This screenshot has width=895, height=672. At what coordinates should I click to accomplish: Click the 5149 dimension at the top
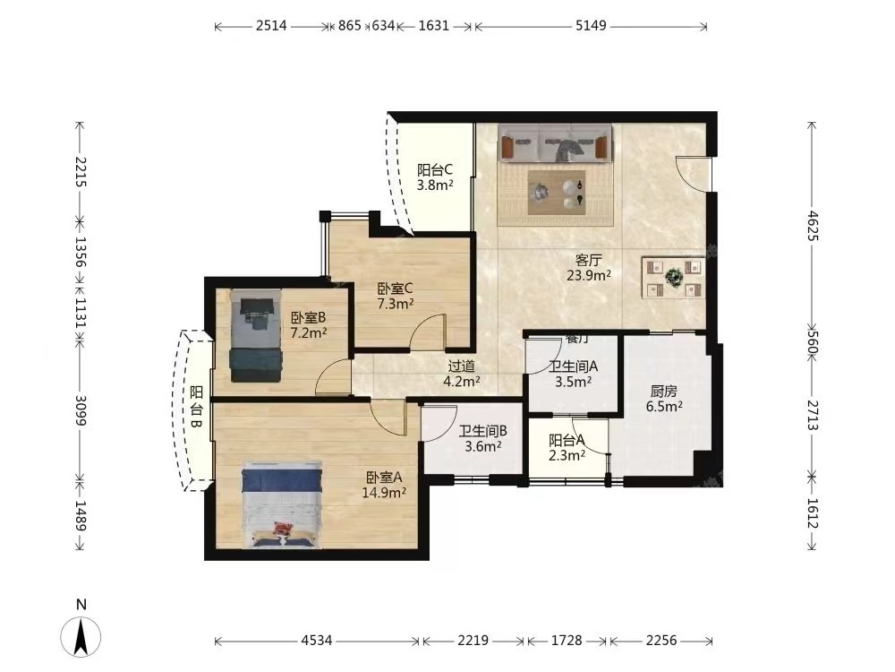pyautogui.click(x=591, y=26)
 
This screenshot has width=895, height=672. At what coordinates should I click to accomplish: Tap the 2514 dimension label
pyautogui.click(x=271, y=26)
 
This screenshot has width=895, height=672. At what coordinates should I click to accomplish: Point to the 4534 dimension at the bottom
pyautogui.click(x=316, y=641)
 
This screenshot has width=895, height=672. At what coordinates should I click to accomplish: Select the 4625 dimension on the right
pyautogui.click(x=813, y=226)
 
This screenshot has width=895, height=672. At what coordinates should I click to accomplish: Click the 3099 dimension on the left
pyautogui.click(x=80, y=411)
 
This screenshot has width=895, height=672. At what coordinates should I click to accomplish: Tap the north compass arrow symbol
pyautogui.click(x=81, y=636)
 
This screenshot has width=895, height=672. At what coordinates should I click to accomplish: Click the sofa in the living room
pyautogui.click(x=555, y=142)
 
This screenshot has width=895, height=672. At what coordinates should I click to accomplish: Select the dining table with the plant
pyautogui.click(x=674, y=278)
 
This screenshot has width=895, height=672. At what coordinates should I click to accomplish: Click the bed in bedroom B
pyautogui.click(x=256, y=335)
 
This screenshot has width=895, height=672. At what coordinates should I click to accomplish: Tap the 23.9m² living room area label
pyautogui.click(x=589, y=275)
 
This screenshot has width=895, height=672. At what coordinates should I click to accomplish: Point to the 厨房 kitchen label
pyautogui.click(x=664, y=392)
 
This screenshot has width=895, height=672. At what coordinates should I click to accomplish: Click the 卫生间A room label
pyautogui.click(x=573, y=366)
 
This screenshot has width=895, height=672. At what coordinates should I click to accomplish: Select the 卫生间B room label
pyautogui.click(x=483, y=432)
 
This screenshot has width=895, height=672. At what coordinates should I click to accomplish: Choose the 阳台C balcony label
pyautogui.click(x=435, y=169)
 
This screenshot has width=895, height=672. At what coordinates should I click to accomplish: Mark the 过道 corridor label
pyautogui.click(x=461, y=366)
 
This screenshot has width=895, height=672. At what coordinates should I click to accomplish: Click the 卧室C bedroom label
pyautogui.click(x=395, y=289)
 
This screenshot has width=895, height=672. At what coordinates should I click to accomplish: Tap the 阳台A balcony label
pyautogui.click(x=567, y=441)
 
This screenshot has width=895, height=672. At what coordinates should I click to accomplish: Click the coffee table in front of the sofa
pyautogui.click(x=556, y=192)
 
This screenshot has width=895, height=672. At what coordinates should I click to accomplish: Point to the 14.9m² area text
pyautogui.click(x=384, y=492)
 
